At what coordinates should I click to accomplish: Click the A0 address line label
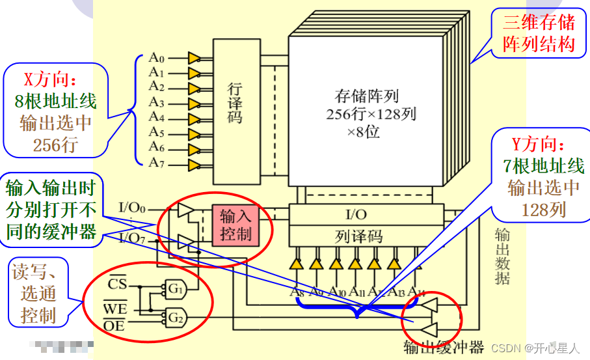coord(156,57)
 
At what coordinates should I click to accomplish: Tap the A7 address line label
coord(156,163)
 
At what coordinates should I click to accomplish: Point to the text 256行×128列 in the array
coord(372,115)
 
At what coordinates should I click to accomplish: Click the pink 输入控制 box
coord(235,225)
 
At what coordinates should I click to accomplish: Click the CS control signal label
coord(117,284)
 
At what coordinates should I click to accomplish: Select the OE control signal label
coord(117,324)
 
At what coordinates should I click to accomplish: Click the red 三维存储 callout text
coord(539,23)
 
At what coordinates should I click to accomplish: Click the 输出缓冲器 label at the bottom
coord(444,347)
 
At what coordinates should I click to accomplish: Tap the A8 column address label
coord(297,292)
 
